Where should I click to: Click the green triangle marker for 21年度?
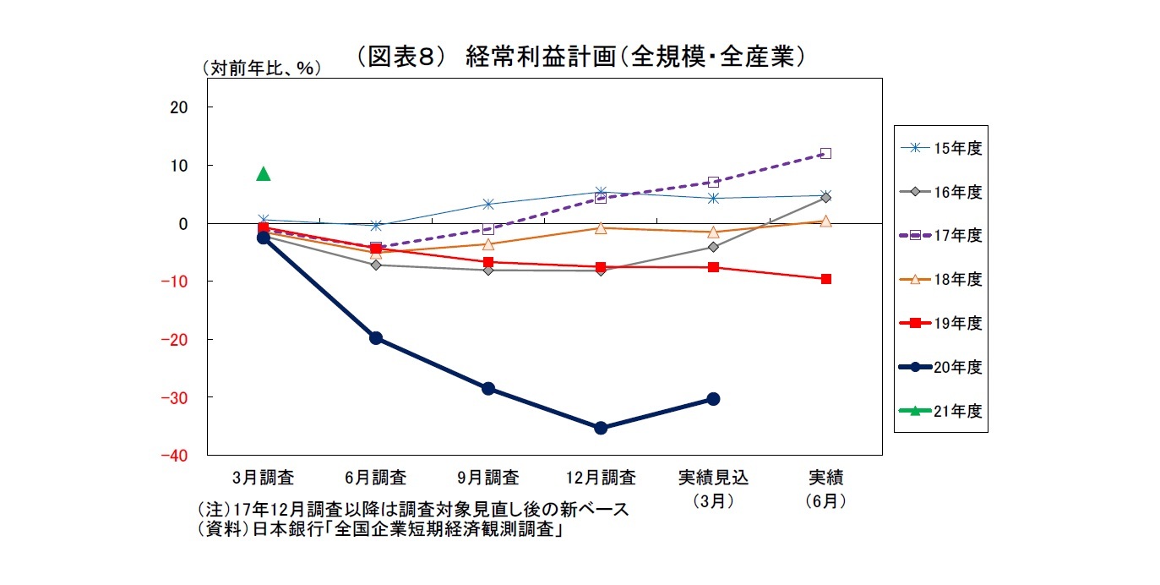click(x=263, y=174)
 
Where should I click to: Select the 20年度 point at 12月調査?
click(x=601, y=428)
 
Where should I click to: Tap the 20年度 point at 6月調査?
click(x=376, y=338)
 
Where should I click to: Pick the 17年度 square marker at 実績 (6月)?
click(x=825, y=153)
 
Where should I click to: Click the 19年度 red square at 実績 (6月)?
click(x=825, y=279)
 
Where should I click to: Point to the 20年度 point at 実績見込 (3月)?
click(x=713, y=398)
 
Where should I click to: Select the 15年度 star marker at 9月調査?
click(x=488, y=204)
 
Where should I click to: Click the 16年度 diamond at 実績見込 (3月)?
click(x=713, y=247)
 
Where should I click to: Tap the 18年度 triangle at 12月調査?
click(x=601, y=228)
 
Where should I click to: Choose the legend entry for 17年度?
click(x=940, y=235)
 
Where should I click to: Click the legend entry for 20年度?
click(x=940, y=367)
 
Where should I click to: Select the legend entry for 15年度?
click(x=940, y=147)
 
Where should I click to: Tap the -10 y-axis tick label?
click(x=174, y=281)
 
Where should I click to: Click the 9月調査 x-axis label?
click(x=488, y=478)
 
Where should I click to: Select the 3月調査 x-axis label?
click(x=263, y=478)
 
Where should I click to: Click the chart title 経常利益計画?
click(x=579, y=56)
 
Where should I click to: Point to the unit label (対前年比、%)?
click(x=261, y=69)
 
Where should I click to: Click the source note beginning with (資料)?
click(x=381, y=530)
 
